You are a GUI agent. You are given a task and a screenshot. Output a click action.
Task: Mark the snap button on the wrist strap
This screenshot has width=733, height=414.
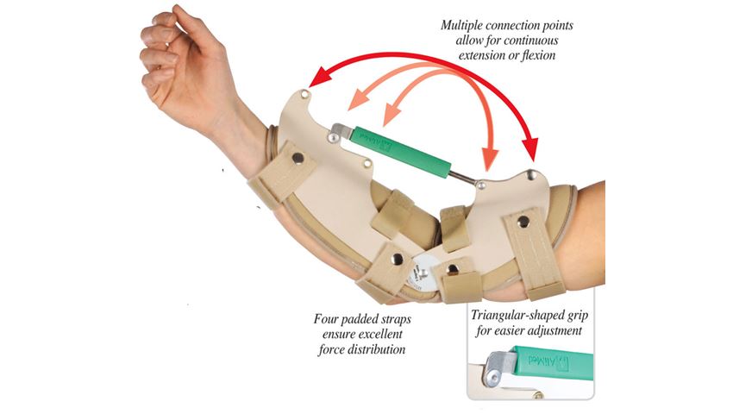click(298, 158)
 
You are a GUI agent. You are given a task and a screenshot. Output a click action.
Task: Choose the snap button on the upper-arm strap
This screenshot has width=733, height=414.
click(523, 222)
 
